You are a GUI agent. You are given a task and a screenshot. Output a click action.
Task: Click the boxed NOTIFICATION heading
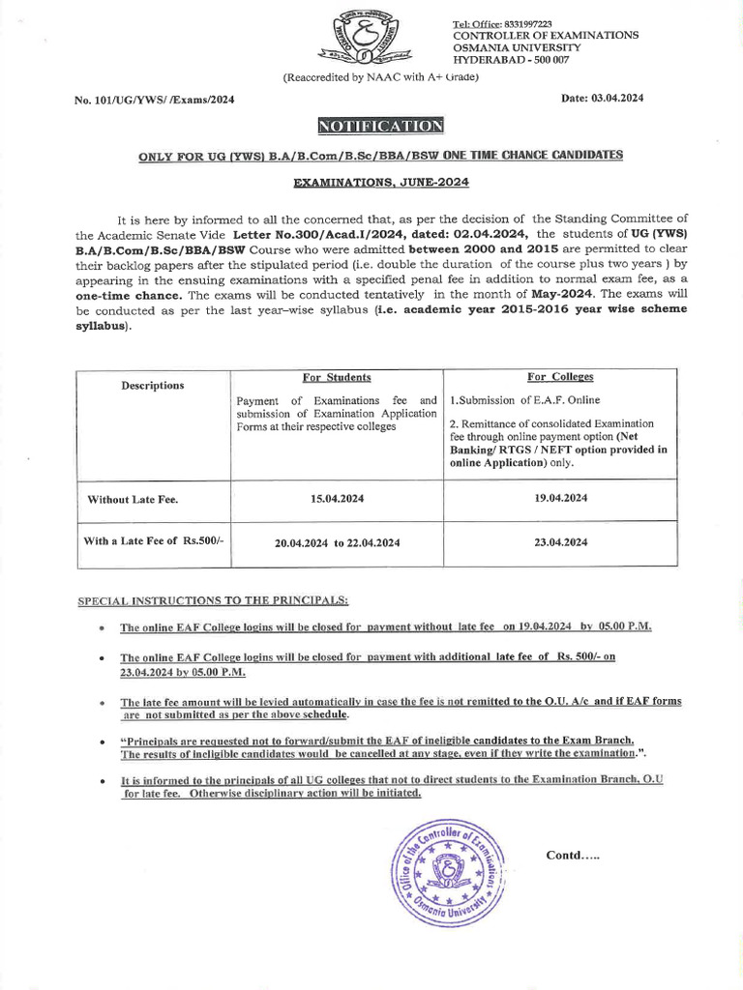coord(380,126)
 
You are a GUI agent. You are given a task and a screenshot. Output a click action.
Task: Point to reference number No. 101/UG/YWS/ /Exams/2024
coord(154,100)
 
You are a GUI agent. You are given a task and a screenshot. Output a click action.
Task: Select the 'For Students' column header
coord(337,377)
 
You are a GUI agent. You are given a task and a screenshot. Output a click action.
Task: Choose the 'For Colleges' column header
coord(560,377)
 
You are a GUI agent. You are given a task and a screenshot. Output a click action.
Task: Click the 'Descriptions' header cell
coord(152,386)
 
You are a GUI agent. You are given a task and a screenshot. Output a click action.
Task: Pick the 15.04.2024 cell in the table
coord(336,498)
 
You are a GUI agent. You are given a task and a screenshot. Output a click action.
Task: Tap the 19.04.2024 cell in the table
coord(560,498)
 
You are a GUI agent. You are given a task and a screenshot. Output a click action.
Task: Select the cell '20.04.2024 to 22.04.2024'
coord(336,543)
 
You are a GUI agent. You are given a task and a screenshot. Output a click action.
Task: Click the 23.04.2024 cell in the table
coord(560,542)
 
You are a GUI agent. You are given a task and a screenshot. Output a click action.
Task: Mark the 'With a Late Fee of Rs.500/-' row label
coord(153,541)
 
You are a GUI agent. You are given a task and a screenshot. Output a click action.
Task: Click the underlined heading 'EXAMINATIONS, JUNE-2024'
coord(380,182)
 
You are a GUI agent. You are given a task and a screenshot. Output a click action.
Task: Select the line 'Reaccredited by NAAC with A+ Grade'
coord(380,76)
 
